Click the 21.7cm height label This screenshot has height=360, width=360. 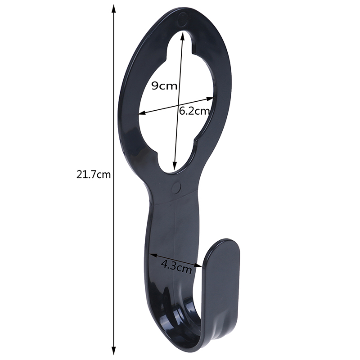[x=94, y=175]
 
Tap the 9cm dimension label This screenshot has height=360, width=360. [x=164, y=86]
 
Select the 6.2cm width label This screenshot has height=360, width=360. [x=194, y=111]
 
